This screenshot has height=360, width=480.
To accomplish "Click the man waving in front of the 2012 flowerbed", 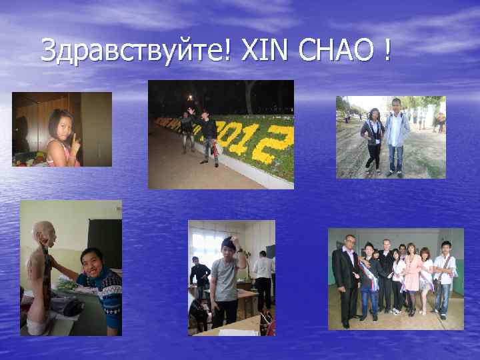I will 187,130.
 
